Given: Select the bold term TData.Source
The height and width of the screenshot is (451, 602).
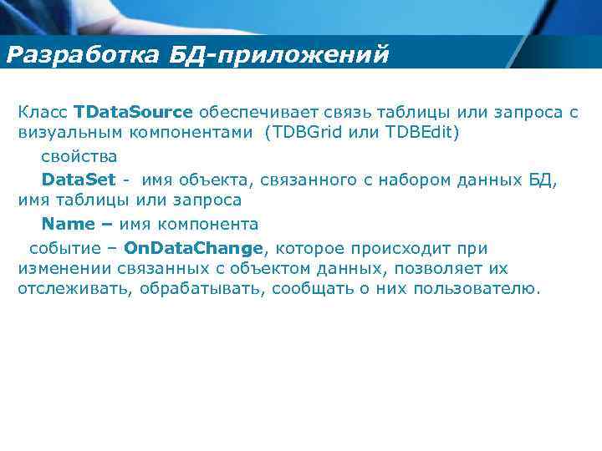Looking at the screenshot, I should coord(133,112).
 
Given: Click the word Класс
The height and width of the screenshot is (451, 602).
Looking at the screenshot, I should coord(43,112).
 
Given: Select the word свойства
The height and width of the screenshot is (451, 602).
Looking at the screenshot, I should coord(79,156).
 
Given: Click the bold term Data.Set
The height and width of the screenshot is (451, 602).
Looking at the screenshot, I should coord(79,179).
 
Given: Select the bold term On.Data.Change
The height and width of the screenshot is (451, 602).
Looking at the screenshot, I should coord(193,248).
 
